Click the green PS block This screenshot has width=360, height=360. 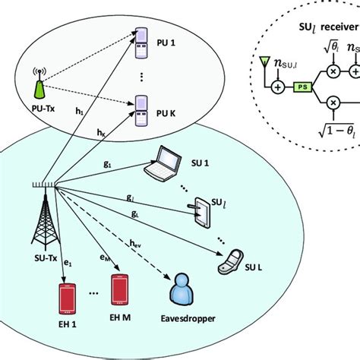coord(304,88)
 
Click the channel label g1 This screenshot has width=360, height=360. coord(107,163)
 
